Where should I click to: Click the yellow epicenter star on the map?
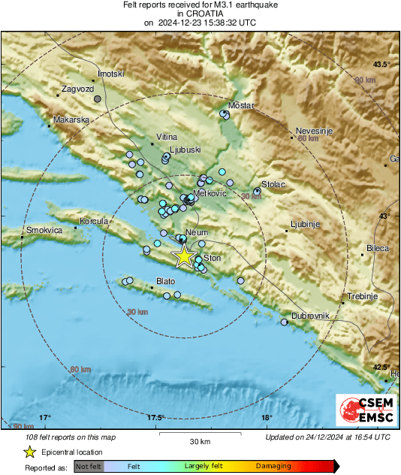coord(183,257)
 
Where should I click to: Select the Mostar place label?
coord(242,105)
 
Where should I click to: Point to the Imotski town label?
coord(110,74)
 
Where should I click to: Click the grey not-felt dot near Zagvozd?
coord(97,98)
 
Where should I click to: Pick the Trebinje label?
coord(360,295)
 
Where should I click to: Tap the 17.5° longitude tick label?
coord(156,417)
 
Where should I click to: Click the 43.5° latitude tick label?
coord(382,64)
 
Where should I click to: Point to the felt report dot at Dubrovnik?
coord(284,322)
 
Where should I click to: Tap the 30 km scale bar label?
coord(199,440)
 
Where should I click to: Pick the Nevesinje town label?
coord(314,130)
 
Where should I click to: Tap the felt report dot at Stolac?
coord(257,192)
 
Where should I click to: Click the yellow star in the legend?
coord(29,452)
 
